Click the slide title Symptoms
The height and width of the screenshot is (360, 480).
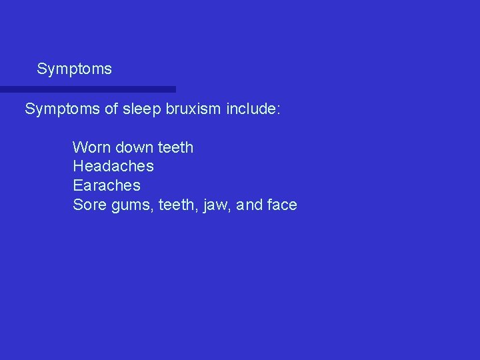pyautogui.click(x=74, y=69)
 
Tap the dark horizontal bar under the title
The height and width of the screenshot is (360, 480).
pyautogui.click(x=87, y=89)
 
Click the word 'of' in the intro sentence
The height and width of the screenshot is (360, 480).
pyautogui.click(x=111, y=109)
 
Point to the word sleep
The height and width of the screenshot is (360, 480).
pyautogui.click(x=141, y=109)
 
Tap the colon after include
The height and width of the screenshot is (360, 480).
pyautogui.click(x=279, y=110)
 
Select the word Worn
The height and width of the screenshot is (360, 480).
pyautogui.click(x=90, y=147)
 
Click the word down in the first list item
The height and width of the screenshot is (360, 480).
pyautogui.click(x=133, y=147)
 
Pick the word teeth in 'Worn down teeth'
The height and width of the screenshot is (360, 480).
pyautogui.click(x=175, y=147)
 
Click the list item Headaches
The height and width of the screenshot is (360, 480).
pyautogui.click(x=113, y=166)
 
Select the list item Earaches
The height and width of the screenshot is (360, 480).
pyautogui.click(x=107, y=185)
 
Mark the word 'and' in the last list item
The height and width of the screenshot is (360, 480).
pyautogui.click(x=249, y=205)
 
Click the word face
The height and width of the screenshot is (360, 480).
pyautogui.click(x=282, y=205)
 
